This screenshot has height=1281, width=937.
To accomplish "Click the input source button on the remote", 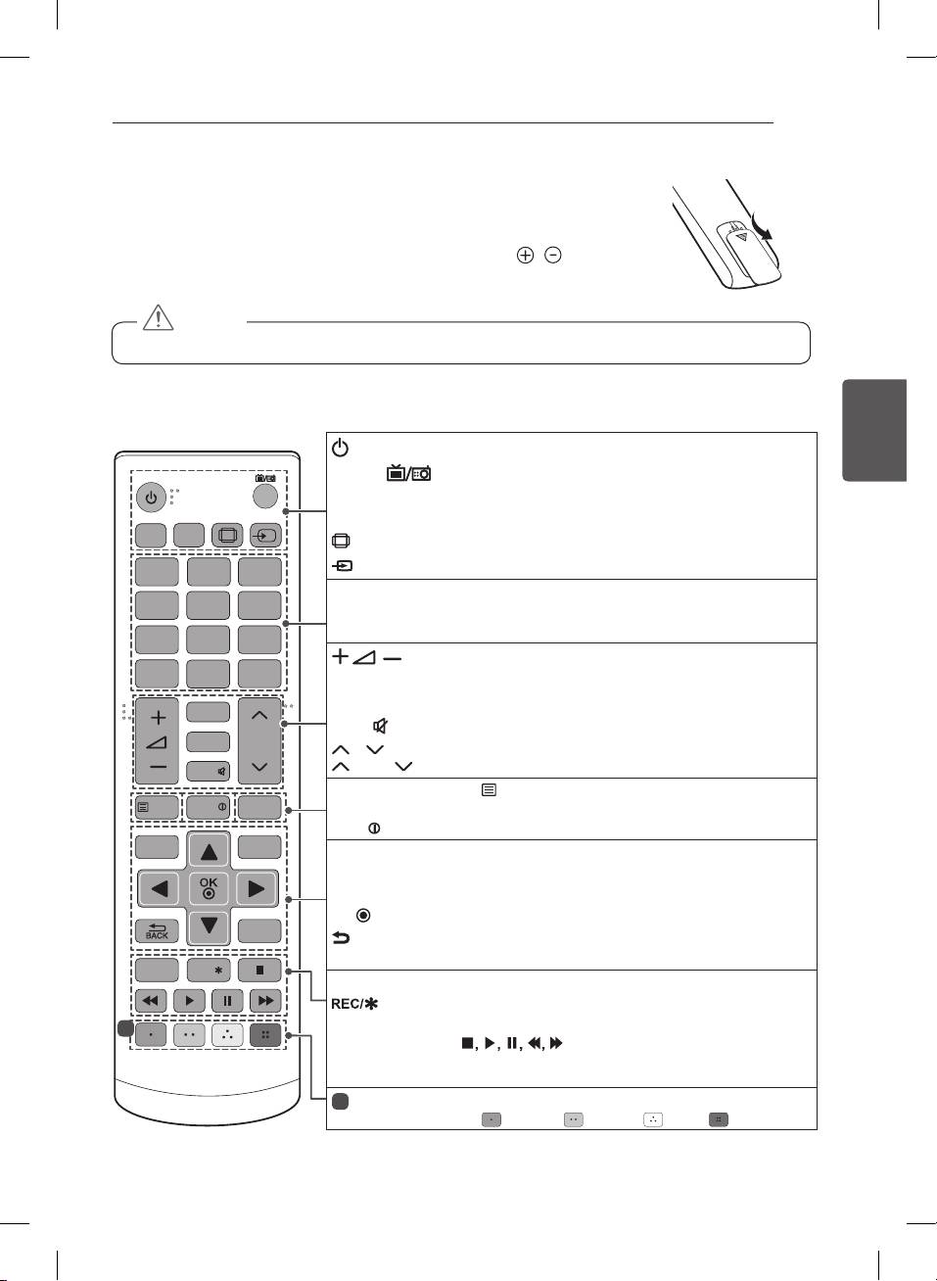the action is click(265, 536).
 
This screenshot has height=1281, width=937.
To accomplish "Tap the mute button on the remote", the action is click(209, 771).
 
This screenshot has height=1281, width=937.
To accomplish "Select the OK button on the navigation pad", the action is click(209, 888).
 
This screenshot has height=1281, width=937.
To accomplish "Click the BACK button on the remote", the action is click(157, 931).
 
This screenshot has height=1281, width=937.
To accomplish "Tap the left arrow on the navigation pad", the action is click(159, 889).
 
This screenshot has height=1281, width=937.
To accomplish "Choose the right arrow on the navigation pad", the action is click(258, 889).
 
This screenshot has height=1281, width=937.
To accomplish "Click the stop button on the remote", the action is click(259, 971).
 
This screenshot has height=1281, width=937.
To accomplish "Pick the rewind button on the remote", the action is click(151, 1001).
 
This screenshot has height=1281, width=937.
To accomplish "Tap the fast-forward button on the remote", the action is click(265, 1001).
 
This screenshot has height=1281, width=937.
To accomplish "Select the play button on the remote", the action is click(189, 1001).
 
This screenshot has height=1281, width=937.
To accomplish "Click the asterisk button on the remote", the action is click(209, 971).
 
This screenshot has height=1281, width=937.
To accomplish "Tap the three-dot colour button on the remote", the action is click(227, 1035).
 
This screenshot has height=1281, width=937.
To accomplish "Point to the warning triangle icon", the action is click(158, 317).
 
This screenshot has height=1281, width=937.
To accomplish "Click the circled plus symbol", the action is click(526, 256).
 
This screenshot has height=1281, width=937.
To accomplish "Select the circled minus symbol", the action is click(553, 256).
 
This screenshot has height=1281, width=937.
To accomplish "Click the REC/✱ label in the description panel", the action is click(354, 1004).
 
